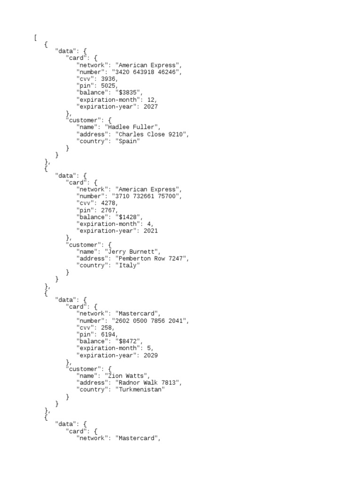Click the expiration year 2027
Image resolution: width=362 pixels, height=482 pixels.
pyautogui.click(x=151, y=107)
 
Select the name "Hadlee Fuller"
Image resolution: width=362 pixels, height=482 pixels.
pyautogui.click(x=133, y=127)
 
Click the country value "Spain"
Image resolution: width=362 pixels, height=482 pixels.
pyautogui.click(x=128, y=141)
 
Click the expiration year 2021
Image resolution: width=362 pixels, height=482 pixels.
pyautogui.click(x=151, y=231)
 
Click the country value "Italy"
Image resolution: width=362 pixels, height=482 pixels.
pyautogui.click(x=128, y=265)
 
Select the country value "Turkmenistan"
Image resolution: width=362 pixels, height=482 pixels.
pyautogui.click(x=140, y=390)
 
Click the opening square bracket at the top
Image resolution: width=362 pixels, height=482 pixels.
pyautogui.click(x=35, y=38)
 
